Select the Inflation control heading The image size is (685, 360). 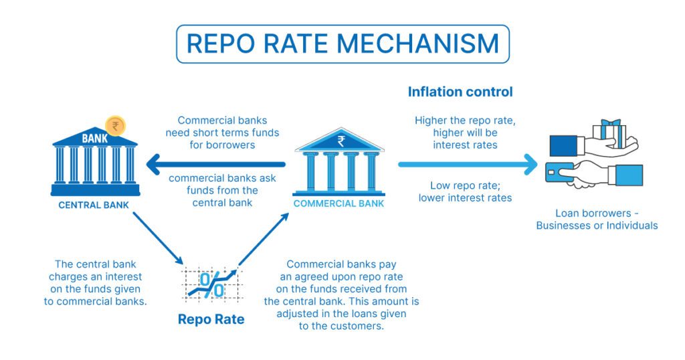460,92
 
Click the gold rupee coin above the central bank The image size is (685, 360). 115,125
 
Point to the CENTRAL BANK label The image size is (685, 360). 94,205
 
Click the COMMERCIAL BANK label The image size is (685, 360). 338,203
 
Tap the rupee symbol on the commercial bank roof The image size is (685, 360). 341,141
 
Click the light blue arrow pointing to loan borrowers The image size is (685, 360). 468,163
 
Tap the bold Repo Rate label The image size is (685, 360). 211,319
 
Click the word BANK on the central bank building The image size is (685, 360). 94,139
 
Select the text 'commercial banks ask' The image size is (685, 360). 218,179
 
